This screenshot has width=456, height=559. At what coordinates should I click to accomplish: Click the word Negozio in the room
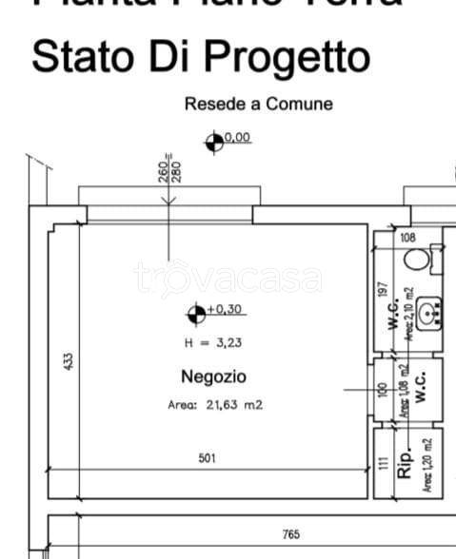213,376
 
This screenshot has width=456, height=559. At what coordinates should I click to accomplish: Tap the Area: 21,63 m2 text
214,405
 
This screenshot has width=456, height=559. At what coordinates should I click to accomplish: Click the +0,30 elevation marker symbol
196,310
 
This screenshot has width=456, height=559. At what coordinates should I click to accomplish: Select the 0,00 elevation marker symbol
214,141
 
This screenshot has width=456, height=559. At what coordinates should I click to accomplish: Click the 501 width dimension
208,458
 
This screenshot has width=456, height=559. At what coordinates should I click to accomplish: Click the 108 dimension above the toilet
407,237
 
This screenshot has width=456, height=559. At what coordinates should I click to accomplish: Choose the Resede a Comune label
258,104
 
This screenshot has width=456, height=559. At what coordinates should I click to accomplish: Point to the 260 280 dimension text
169,169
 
